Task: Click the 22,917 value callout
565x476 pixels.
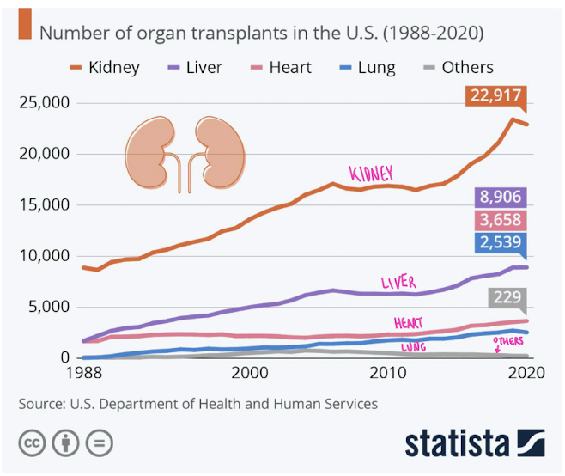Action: coord(495,97)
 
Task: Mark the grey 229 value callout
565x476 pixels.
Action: coord(507,298)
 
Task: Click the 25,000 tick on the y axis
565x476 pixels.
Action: coord(44,103)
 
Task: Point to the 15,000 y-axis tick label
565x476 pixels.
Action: coord(44,204)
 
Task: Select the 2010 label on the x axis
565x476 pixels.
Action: coord(388,374)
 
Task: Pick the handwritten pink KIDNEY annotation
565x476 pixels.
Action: coord(370,173)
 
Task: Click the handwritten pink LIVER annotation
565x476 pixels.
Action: coord(398,283)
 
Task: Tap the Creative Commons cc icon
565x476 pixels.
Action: coord(33,443)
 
